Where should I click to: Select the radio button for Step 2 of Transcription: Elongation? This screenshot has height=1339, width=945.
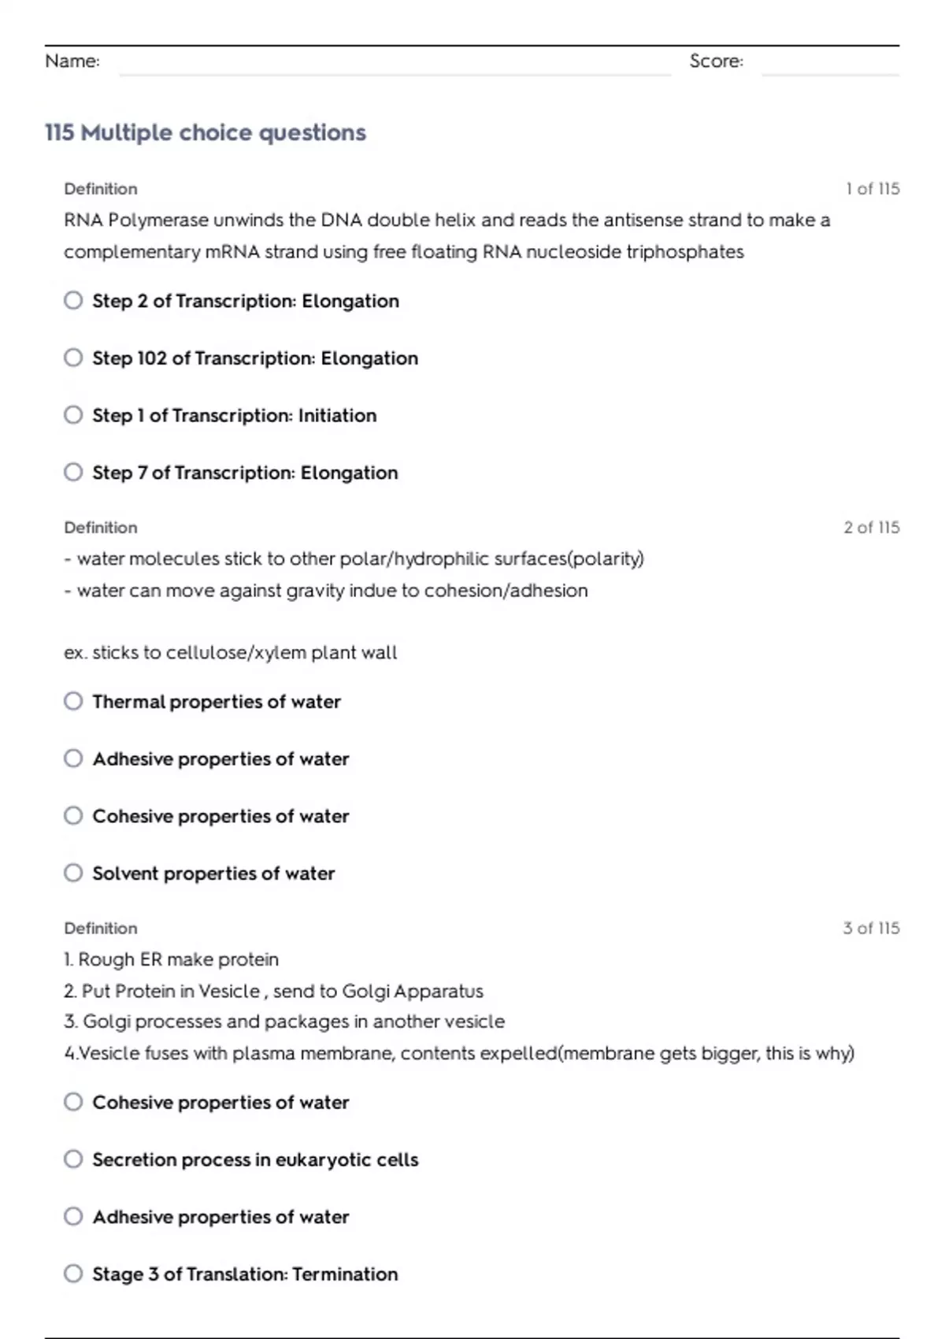coord(73,301)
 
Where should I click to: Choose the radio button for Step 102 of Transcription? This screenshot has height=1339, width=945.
coord(73,358)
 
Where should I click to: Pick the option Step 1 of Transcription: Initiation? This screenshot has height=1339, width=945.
coord(73,415)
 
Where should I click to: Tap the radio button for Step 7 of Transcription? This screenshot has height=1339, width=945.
coord(73,473)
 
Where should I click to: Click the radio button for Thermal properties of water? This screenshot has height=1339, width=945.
coord(73,702)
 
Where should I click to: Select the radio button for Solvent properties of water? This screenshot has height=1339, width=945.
coord(73,874)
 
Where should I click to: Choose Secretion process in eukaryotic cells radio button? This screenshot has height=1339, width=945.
coord(73,1159)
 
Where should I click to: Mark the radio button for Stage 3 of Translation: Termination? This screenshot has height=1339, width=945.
coord(73,1274)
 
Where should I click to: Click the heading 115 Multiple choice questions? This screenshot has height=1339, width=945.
coord(206,132)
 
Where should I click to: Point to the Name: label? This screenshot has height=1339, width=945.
coord(72,61)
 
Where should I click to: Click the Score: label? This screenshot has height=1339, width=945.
coord(716,61)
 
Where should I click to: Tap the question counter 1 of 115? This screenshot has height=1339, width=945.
coord(873,189)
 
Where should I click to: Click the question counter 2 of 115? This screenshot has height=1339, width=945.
coord(871,528)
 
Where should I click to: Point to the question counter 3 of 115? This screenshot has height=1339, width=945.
coord(871,929)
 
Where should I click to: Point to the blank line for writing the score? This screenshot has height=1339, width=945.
coord(830,72)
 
